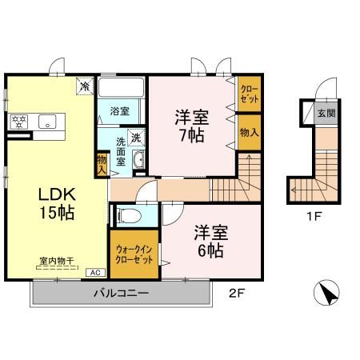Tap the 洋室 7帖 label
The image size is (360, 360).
[x=190, y=125]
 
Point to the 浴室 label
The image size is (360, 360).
[x=120, y=111]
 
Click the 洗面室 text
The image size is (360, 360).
[x=121, y=150]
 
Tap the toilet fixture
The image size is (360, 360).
[x=128, y=214]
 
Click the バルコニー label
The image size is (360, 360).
[x=121, y=294]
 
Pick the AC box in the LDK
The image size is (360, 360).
[x=95, y=271]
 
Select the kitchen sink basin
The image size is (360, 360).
[x=46, y=122]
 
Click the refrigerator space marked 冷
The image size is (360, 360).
[x=83, y=85]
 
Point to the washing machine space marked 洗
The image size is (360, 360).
[x=137, y=137]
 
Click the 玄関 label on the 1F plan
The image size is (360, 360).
[x=326, y=113]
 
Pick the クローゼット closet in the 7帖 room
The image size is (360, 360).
[x=248, y=95]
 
